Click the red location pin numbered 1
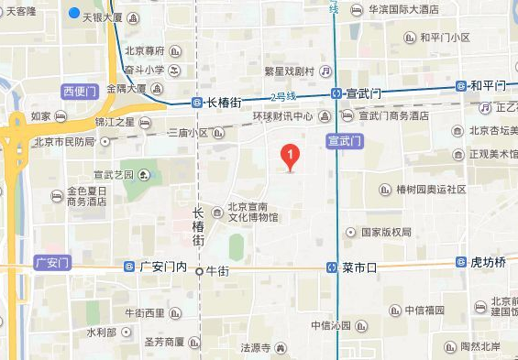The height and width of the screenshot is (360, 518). point(290,157)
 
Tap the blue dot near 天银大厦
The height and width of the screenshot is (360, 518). point(74,14)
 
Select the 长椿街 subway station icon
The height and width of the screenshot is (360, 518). point(197,103)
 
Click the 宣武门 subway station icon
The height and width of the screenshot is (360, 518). point(337,93)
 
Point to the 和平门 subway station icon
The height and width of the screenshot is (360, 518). point(461,86)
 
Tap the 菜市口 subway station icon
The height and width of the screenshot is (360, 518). point(333,267)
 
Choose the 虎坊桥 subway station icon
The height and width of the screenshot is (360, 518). point(461,262)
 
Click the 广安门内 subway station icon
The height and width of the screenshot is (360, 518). point(129,267)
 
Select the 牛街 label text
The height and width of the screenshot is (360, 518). point(216,271)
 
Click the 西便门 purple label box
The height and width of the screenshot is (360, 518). point(79,91)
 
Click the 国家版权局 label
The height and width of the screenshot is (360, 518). point(386,233)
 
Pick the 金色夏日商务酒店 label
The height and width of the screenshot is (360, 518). point(89,197)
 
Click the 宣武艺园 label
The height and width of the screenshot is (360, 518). point(114,175)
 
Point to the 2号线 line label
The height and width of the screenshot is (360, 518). point(284,96)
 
